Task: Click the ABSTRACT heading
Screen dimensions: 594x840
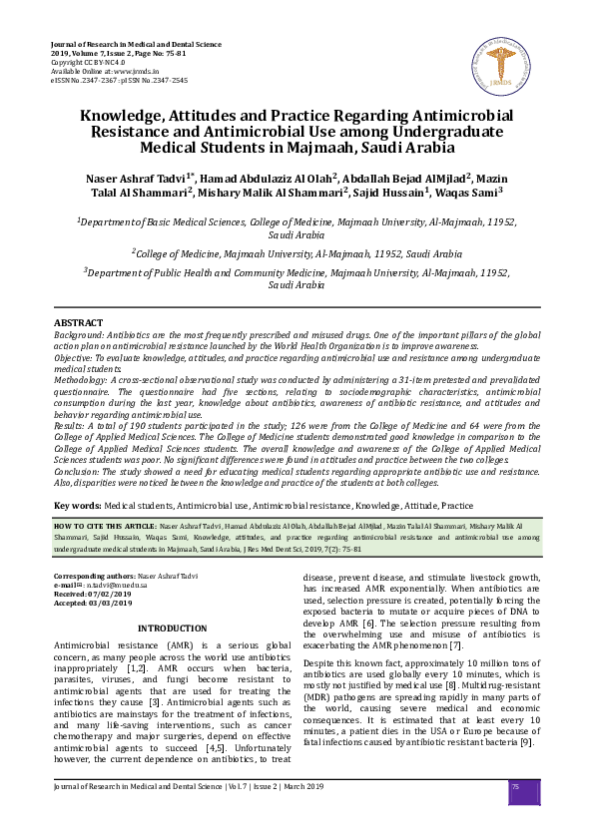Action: coord(78,323)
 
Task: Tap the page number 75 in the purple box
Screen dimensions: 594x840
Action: coord(515,787)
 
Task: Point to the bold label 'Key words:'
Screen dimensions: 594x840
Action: coord(78,506)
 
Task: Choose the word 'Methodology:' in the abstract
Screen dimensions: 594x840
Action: coord(83,381)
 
